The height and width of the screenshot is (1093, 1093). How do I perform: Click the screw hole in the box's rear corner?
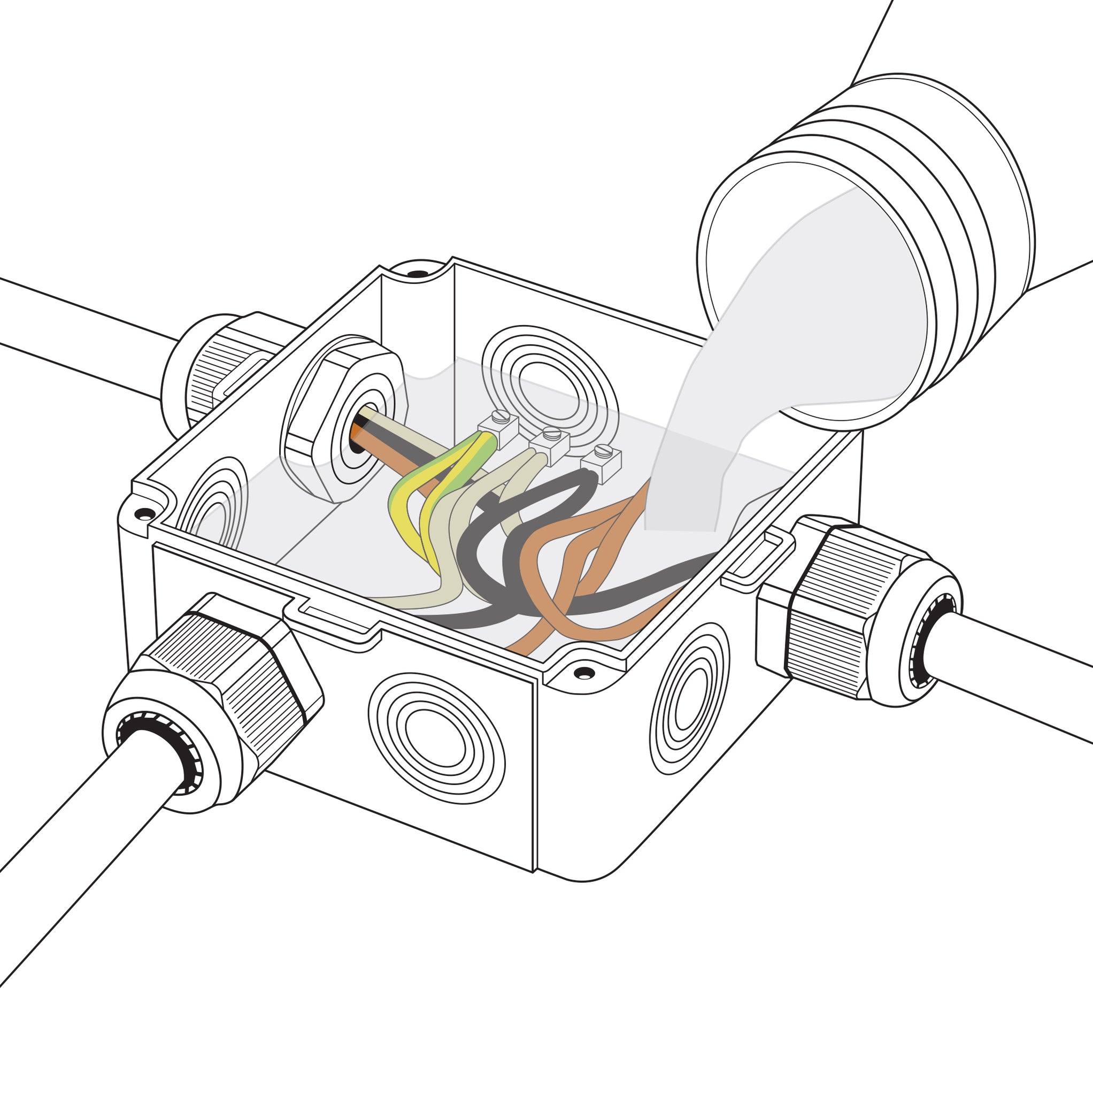click(x=418, y=274)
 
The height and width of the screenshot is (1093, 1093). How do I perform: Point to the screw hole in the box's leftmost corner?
click(x=145, y=514)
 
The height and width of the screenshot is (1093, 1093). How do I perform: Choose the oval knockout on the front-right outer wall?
click(x=689, y=699)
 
